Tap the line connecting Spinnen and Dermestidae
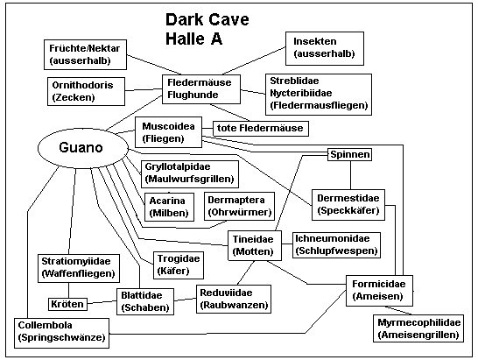[x=350, y=175]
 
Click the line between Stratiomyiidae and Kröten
[x=68, y=290]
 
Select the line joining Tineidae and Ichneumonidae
[x=287, y=244]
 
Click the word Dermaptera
[x=236, y=200]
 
